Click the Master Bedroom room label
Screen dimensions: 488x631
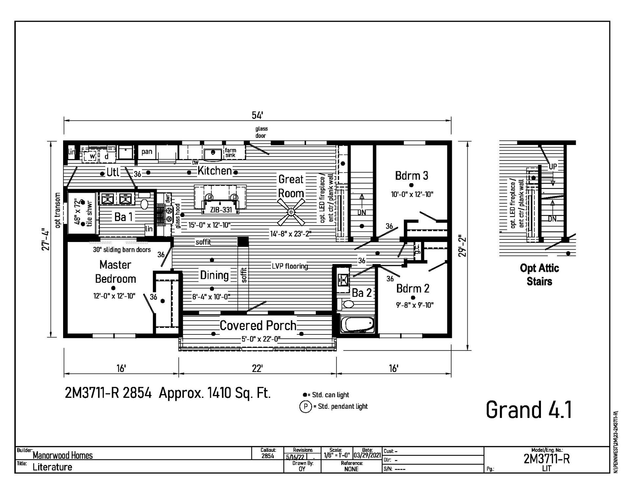pyautogui.click(x=115, y=272)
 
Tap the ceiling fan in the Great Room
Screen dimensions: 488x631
pyautogui.click(x=291, y=212)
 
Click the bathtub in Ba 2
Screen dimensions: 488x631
pyautogui.click(x=358, y=324)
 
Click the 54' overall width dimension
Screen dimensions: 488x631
pyautogui.click(x=257, y=115)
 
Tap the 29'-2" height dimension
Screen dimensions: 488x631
pyautogui.click(x=462, y=246)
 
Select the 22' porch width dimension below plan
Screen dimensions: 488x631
pyautogui.click(x=257, y=368)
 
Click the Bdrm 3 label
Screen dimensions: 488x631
pyautogui.click(x=411, y=176)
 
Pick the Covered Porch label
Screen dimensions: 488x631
pyautogui.click(x=258, y=326)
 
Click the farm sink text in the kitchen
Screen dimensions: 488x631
pyautogui.click(x=230, y=153)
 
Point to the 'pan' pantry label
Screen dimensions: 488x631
pyautogui.click(x=147, y=152)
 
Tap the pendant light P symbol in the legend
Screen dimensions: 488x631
pyautogui.click(x=305, y=407)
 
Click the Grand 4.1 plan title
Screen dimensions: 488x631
pyautogui.click(x=529, y=410)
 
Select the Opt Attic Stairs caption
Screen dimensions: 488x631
pyautogui.click(x=539, y=275)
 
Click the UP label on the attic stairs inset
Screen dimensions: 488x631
pyautogui.click(x=553, y=166)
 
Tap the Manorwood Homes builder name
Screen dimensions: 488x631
pyautogui.click(x=63, y=455)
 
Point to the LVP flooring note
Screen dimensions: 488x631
pyautogui.click(x=290, y=266)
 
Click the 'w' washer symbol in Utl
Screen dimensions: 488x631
pyautogui.click(x=92, y=157)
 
